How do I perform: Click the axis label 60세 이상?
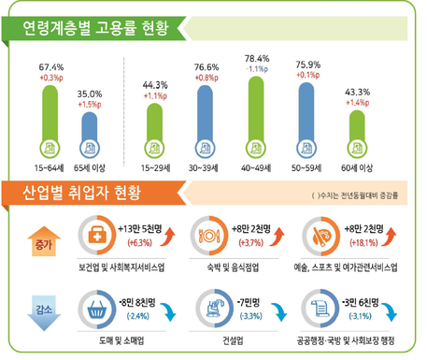tap(359, 167)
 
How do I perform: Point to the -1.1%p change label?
tap(256, 69)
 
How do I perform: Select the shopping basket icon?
tap(95, 306)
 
